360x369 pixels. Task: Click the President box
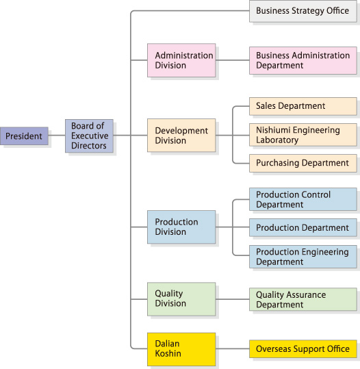pyautogui.click(x=24, y=136)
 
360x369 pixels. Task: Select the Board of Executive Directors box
pyautogui.click(x=89, y=136)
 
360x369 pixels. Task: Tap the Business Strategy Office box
pyautogui.click(x=303, y=11)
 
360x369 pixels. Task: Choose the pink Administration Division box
pyautogui.click(x=181, y=60)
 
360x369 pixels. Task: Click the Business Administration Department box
pyautogui.click(x=303, y=60)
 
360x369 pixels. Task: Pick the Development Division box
pyautogui.click(x=181, y=136)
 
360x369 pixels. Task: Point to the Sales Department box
pyautogui.click(x=303, y=106)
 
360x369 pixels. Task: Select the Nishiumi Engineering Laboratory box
pyautogui.click(x=303, y=135)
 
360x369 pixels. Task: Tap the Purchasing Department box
pyautogui.click(x=303, y=164)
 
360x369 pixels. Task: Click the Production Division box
pyautogui.click(x=181, y=227)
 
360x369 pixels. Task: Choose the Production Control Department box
pyautogui.click(x=303, y=199)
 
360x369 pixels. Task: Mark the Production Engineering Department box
pyautogui.click(x=303, y=257)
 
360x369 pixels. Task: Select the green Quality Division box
pyautogui.click(x=181, y=299)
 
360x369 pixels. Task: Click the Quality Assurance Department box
pyautogui.click(x=303, y=299)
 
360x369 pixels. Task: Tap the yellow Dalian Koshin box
pyautogui.click(x=181, y=349)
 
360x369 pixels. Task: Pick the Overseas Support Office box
pyautogui.click(x=303, y=348)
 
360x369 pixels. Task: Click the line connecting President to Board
pyautogui.click(x=57, y=136)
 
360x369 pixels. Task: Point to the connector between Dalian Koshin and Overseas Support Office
pyautogui.click(x=233, y=348)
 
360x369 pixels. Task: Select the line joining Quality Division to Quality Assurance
pyautogui.click(x=233, y=299)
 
